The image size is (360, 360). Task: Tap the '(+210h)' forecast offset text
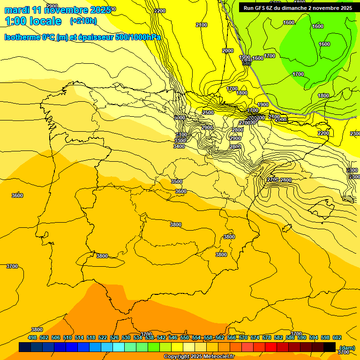click(x=83, y=21)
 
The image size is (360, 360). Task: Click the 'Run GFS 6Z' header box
click(x=298, y=7)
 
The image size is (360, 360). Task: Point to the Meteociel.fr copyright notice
click(x=199, y=357)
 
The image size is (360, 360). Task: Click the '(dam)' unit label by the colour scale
click(x=347, y=347)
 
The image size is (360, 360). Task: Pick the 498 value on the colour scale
click(x=32, y=337)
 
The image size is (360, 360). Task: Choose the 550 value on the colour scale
click(x=185, y=337)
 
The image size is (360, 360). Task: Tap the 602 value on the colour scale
click(x=337, y=337)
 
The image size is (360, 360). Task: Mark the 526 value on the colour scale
click(x=114, y=337)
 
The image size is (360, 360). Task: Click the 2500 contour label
click(x=208, y=113)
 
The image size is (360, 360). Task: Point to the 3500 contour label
click(x=177, y=181)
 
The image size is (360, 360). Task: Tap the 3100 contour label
click(x=181, y=135)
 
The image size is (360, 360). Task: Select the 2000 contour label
click(x=228, y=51)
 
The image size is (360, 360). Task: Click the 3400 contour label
click(x=179, y=147)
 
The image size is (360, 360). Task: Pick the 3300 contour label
click(x=180, y=141)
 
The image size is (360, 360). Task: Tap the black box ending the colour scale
click(x=329, y=347)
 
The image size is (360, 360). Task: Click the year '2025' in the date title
click(x=100, y=10)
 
